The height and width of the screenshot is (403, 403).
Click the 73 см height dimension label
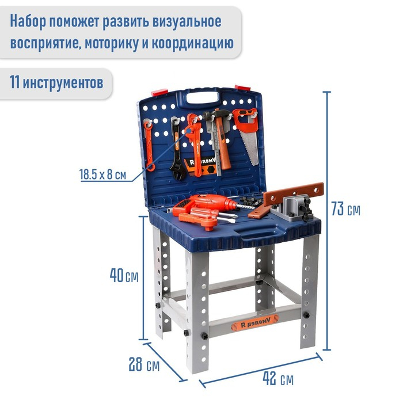tap(345, 208)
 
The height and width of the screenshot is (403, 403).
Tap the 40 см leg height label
tap(124, 275)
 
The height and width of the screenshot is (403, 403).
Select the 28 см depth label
tap(144, 364)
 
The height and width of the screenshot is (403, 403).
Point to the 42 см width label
tap(278, 379)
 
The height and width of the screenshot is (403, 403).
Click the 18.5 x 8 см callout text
tap(103, 174)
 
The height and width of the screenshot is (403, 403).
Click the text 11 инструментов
tap(56, 82)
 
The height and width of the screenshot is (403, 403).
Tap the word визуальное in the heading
tap(187, 21)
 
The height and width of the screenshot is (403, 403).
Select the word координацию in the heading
tap(193, 43)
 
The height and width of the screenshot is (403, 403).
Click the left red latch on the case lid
tap(159, 92)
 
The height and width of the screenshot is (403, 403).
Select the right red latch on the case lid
tap(242, 88)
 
